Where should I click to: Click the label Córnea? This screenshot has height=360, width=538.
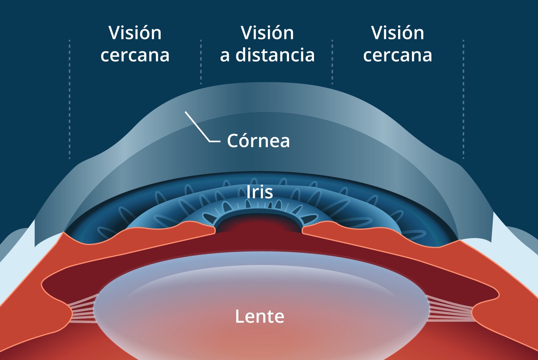[258, 141]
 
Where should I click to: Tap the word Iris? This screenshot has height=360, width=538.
[260, 192]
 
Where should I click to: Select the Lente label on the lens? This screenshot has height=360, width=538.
[260, 317]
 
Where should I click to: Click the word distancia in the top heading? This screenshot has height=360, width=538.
[275, 55]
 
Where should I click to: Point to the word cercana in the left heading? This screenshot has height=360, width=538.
[135, 55]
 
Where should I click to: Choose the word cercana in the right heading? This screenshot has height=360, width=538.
[398, 55]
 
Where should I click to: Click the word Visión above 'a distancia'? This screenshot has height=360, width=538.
[267, 33]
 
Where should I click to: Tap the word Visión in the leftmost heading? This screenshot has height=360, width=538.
[135, 33]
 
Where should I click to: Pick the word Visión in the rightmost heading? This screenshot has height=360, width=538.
[398, 33]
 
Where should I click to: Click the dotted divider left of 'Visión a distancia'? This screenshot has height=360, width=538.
[201, 62]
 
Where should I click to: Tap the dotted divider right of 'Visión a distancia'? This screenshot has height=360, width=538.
[332, 62]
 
